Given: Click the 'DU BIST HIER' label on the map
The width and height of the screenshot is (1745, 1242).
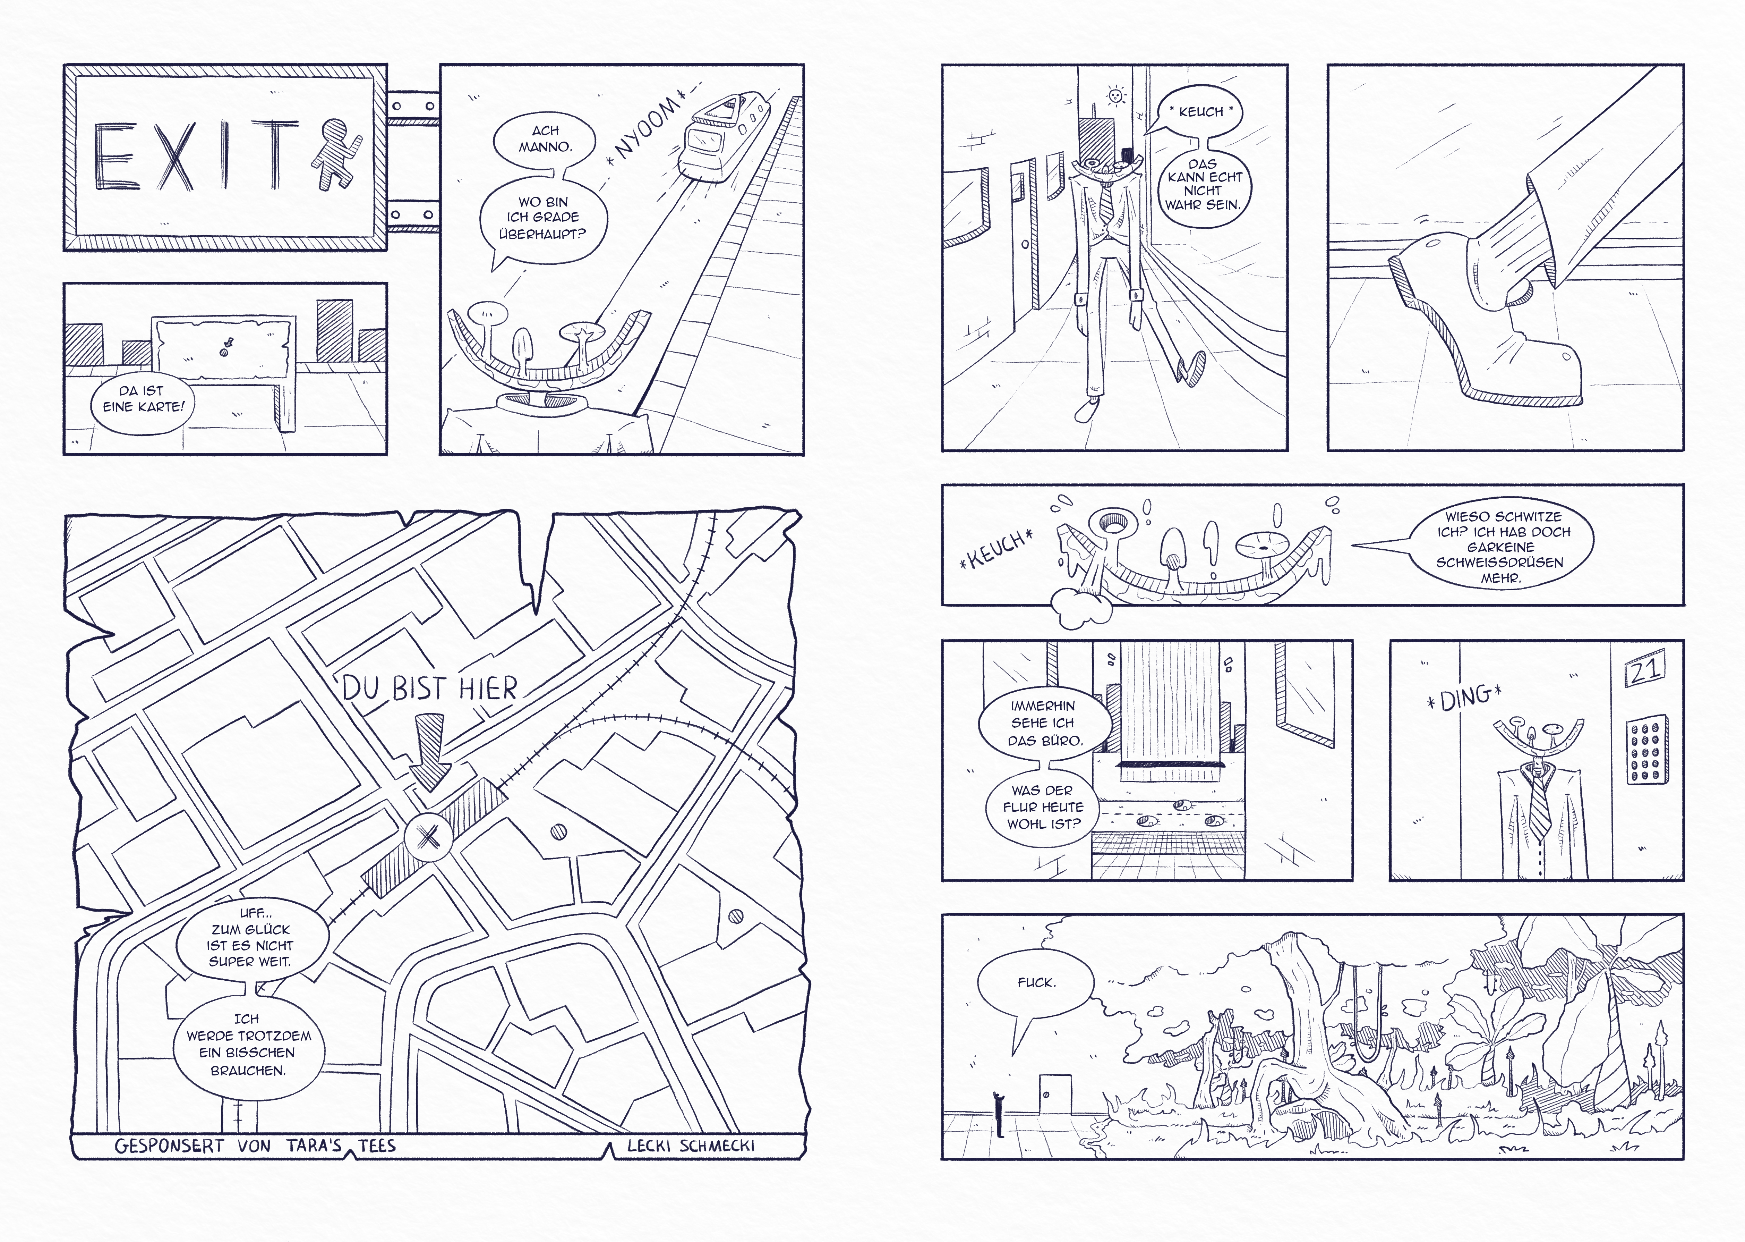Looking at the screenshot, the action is click(x=429, y=688).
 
